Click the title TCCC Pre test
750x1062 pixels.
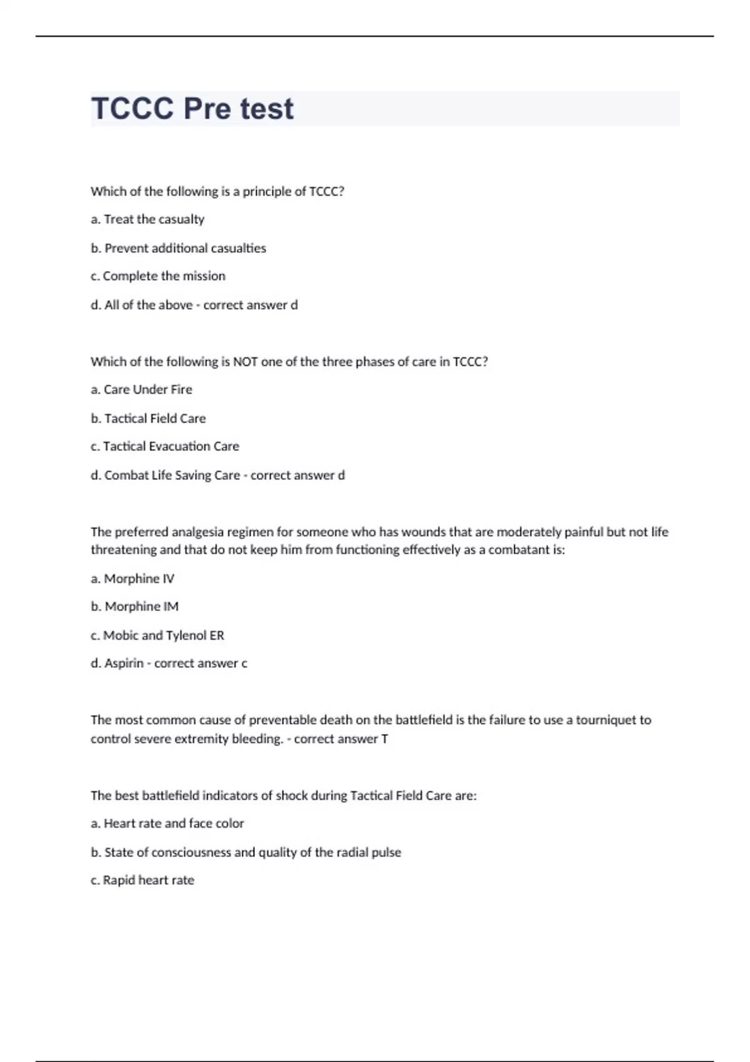point(192,109)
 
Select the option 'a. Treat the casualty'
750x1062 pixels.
point(147,219)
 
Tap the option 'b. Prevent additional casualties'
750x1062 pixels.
point(178,248)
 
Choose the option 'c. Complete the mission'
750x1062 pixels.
point(158,276)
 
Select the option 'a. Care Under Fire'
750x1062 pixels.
point(141,390)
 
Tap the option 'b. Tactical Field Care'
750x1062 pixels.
point(148,419)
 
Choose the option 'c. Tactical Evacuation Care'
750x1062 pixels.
point(165,447)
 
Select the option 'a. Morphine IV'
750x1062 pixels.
point(132,578)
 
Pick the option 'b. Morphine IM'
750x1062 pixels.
point(134,607)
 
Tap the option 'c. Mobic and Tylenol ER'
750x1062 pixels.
point(157,635)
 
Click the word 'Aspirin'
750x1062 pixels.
point(124,663)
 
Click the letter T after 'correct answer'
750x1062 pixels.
point(384,739)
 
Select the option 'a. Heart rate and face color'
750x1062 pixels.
point(167,824)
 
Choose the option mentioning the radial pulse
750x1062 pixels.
point(246,853)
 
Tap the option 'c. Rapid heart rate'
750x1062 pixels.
point(142,881)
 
